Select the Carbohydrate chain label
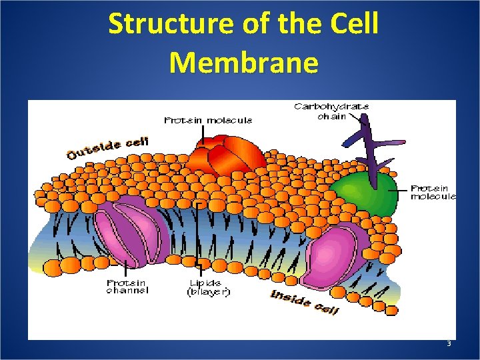tap(331, 111)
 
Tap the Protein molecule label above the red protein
tap(208, 121)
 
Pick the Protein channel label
tap(127, 287)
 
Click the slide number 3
tap(449, 344)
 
